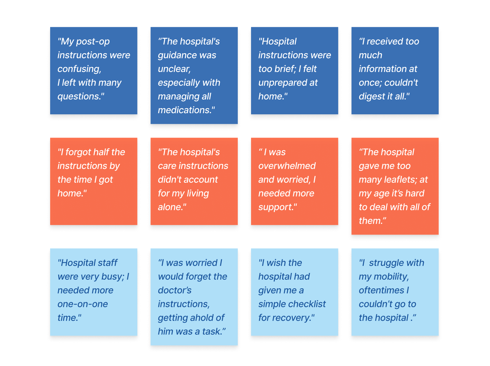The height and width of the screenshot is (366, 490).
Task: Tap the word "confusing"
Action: coord(79,69)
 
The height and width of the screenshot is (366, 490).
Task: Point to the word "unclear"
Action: coord(174,69)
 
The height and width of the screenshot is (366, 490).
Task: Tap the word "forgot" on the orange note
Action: coord(78,152)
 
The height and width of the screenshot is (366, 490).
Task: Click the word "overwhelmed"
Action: coord(287,166)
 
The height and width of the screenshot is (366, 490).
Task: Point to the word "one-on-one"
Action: coord(83,304)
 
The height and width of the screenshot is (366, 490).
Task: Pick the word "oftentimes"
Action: coord(381,290)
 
